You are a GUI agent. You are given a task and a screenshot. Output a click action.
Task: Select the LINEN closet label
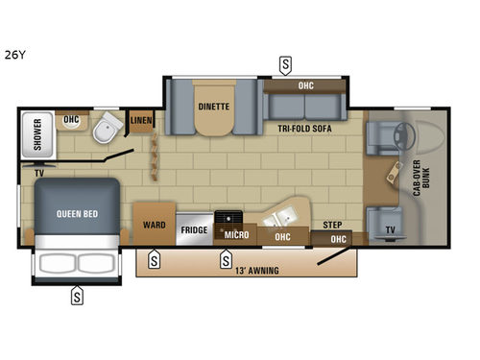coord(141,120)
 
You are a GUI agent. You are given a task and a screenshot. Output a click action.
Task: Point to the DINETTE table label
coord(213,107)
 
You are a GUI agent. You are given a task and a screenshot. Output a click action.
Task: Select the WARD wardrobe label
coord(154,225)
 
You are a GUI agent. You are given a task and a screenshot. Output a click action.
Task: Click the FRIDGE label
coord(193,230)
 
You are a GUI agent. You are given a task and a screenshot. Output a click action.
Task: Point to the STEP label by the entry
coord(332,224)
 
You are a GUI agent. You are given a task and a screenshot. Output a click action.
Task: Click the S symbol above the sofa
coord(285,64)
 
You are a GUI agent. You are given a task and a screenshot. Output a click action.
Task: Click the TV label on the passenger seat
coord(389,229)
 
